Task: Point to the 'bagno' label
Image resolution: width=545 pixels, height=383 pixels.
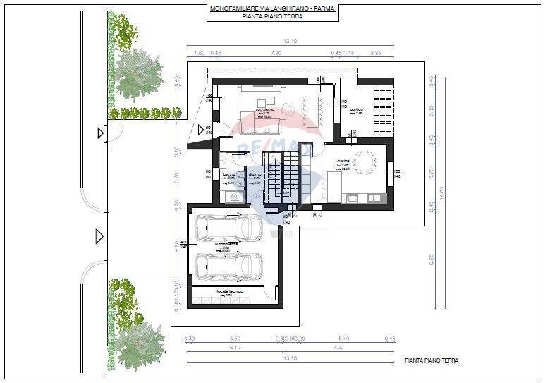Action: click(x=229, y=174)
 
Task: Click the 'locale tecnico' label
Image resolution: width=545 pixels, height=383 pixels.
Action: click(x=226, y=290)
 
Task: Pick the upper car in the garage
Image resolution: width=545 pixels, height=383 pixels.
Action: click(x=230, y=227)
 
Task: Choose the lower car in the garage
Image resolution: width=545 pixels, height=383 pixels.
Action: click(x=230, y=267)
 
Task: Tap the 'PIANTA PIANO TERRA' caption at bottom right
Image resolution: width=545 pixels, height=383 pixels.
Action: click(x=431, y=360)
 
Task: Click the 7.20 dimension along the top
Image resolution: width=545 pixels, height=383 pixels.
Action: click(x=276, y=53)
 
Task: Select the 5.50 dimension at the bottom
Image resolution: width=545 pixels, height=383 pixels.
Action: click(x=235, y=339)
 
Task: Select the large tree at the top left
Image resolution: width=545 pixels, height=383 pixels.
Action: click(x=138, y=75)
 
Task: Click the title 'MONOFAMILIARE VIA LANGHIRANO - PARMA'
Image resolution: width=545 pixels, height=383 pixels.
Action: click(x=272, y=8)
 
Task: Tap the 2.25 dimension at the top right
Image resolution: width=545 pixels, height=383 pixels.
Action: click(x=375, y=53)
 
